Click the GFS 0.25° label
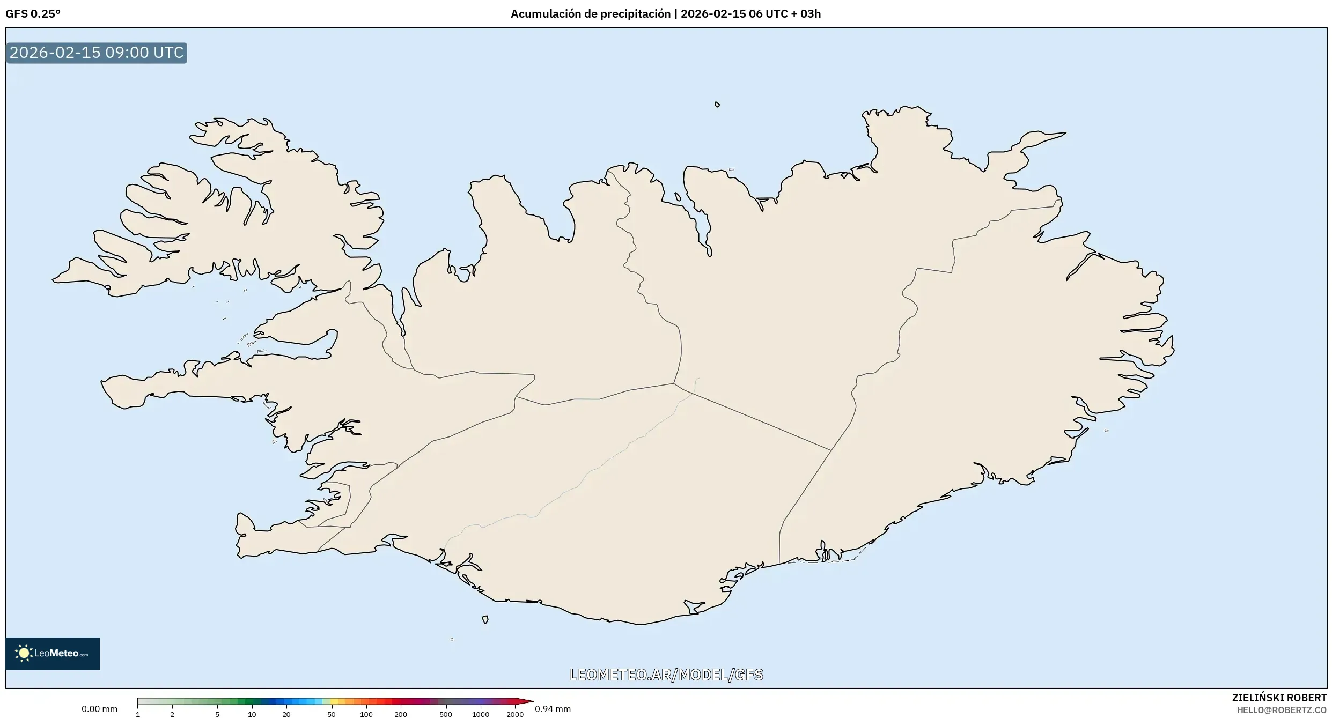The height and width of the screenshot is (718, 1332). pos(33,14)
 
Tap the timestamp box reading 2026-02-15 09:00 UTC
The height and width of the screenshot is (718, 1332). pos(97,53)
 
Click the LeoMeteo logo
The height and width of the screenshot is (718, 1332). pos(53,653)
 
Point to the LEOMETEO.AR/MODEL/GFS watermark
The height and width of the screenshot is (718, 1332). pos(666,675)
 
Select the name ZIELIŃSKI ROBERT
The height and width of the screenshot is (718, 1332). pos(1279,698)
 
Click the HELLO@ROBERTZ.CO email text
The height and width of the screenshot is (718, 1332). pos(1282,710)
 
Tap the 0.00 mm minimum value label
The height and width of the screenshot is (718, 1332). pos(99,709)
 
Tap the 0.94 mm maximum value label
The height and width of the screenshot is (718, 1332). pos(553,709)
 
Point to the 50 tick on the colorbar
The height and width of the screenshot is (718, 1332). pos(332,714)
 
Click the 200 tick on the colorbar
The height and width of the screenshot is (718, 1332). pos(401,714)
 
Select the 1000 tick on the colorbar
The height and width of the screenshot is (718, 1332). pos(480,714)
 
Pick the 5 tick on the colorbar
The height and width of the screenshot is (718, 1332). pos(217,714)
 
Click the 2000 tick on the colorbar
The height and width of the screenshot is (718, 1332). pos(515,714)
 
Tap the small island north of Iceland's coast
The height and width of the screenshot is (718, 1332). pos(717,105)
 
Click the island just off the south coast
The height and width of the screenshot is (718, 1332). pos(485,620)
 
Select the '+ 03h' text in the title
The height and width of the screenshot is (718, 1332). pos(806,14)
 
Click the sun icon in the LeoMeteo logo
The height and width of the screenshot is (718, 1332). pos(24,653)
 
